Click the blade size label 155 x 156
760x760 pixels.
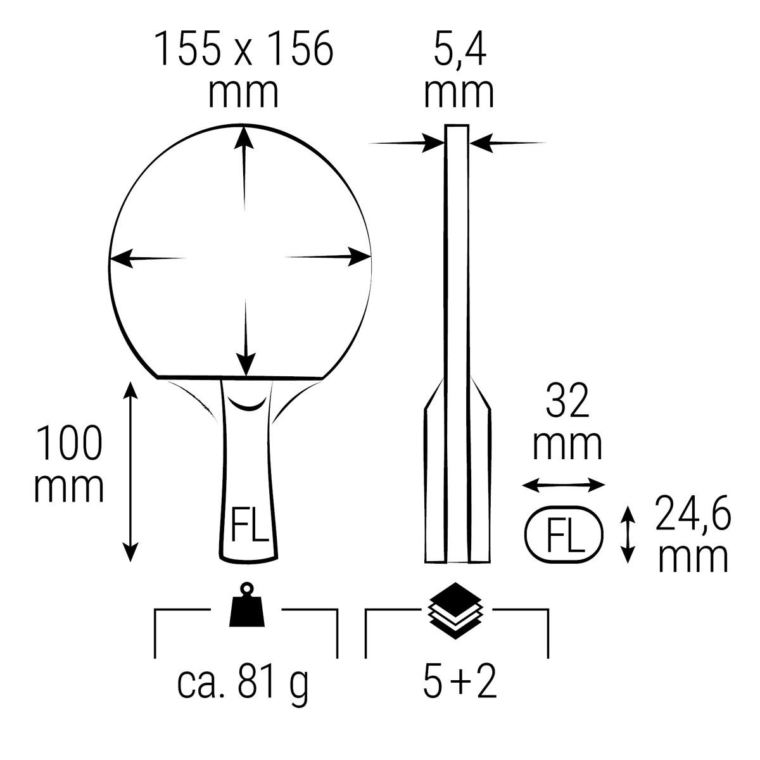pos(244,50)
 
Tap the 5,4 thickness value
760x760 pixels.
pos(459,50)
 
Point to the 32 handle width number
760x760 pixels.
pos(567,401)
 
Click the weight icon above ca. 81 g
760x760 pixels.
pos(247,604)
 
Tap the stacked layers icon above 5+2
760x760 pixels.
pos(455,610)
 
